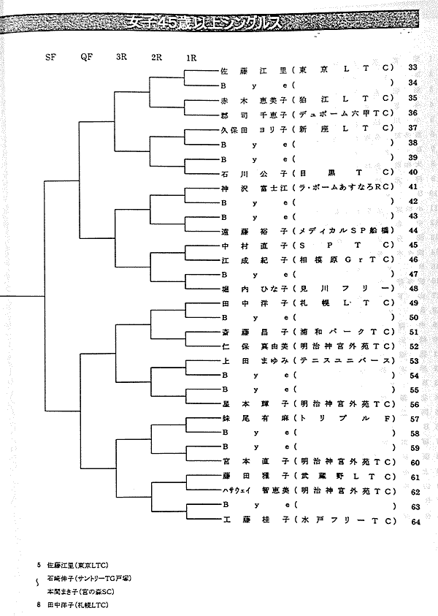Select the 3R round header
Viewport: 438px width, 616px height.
point(121,57)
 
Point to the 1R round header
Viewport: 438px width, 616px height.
point(191,57)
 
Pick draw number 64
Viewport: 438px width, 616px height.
point(415,521)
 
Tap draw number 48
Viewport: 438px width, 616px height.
point(412,288)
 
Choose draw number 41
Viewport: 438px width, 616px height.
point(412,186)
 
